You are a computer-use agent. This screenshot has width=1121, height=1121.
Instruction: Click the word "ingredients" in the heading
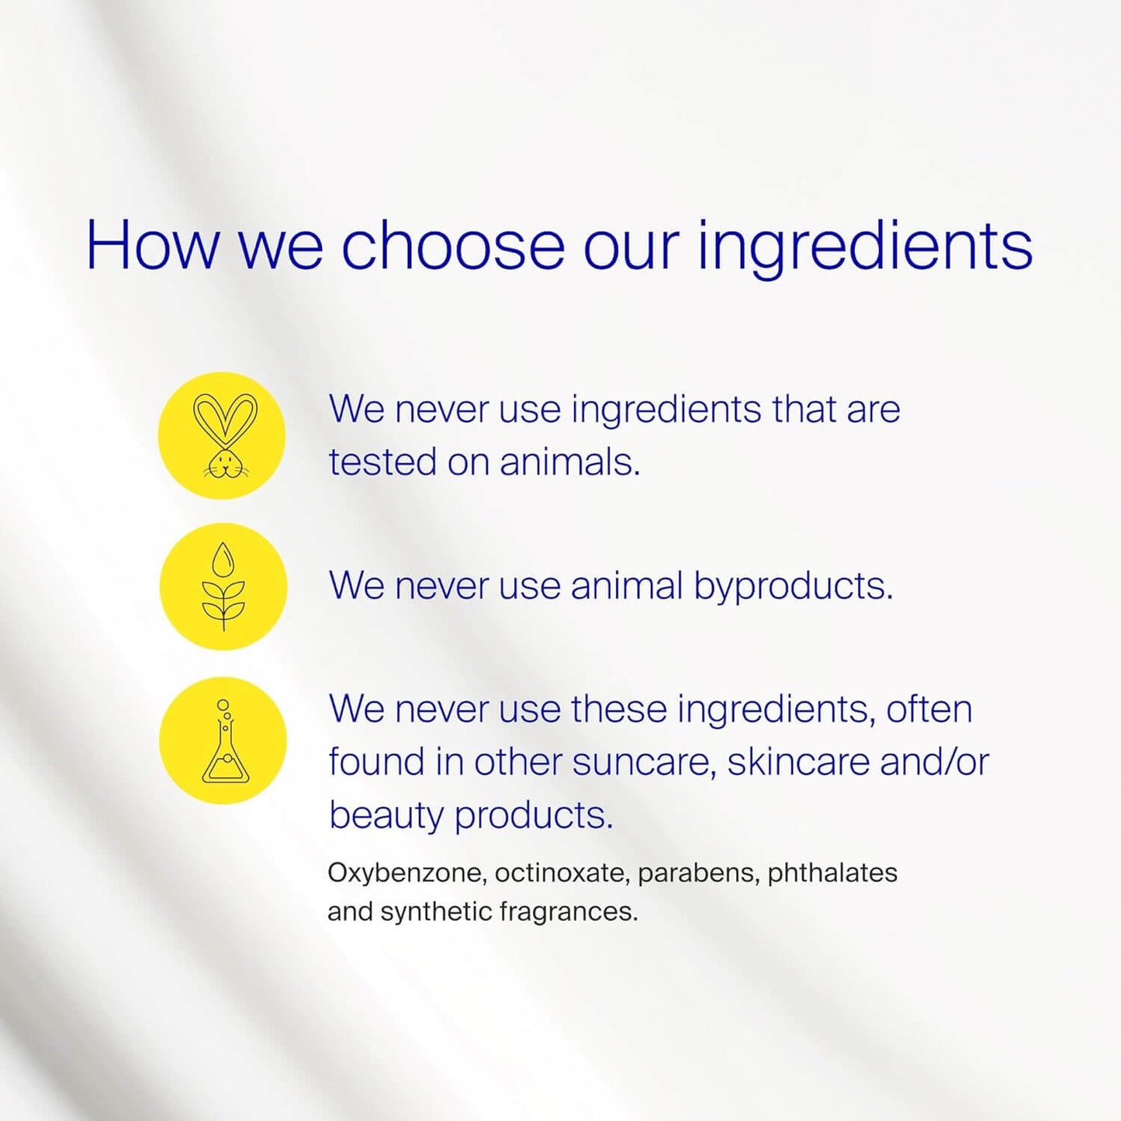[x=864, y=247]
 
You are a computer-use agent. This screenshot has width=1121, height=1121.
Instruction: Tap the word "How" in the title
[x=152, y=245]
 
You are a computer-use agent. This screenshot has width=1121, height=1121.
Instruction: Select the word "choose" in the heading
[x=453, y=245]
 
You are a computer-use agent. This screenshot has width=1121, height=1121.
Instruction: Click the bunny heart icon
[x=223, y=435]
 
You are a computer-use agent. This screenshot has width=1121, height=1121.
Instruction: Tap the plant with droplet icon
[x=223, y=586]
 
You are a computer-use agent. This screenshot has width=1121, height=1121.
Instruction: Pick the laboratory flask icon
[x=223, y=741]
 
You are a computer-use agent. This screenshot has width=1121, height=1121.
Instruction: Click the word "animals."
[x=569, y=462]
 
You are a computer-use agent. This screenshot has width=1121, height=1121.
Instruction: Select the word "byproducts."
[x=793, y=586]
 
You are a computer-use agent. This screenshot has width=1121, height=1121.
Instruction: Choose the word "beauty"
[x=386, y=815]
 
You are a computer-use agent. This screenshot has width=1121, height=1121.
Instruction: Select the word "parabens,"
[x=698, y=873]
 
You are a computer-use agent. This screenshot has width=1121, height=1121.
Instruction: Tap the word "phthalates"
[x=832, y=873]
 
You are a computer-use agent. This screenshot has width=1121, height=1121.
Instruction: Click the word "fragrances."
[x=569, y=911]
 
